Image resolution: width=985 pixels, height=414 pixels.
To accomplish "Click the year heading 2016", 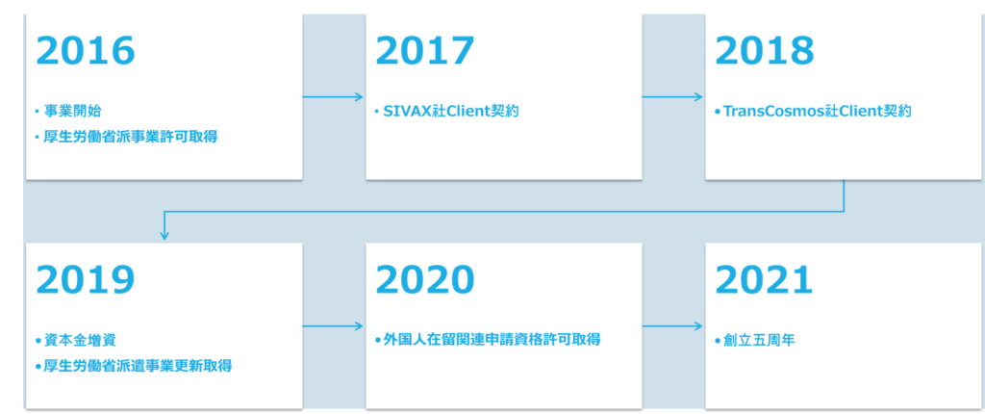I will click(x=86, y=51).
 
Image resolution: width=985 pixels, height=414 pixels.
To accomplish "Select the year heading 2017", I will click(x=425, y=51).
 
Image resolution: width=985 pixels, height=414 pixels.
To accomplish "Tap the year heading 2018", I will click(x=764, y=51).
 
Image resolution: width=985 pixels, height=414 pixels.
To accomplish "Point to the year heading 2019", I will click(x=86, y=279).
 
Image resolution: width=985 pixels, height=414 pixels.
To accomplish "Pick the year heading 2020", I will click(x=425, y=279).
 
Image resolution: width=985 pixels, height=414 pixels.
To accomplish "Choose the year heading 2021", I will click(x=764, y=279).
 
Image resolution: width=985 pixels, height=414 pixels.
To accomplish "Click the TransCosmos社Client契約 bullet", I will click(x=814, y=112).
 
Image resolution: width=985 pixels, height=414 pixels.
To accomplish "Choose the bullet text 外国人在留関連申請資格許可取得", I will click(x=492, y=341).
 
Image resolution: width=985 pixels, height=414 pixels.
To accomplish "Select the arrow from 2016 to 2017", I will click(x=333, y=96).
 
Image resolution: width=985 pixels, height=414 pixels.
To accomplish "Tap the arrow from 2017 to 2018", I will click(x=672, y=96).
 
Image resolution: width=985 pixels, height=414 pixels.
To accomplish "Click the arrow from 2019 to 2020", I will click(x=333, y=326).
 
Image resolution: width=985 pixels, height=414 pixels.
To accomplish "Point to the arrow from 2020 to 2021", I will click(x=672, y=326).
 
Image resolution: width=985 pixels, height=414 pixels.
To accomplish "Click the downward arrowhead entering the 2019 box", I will click(x=164, y=236).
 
